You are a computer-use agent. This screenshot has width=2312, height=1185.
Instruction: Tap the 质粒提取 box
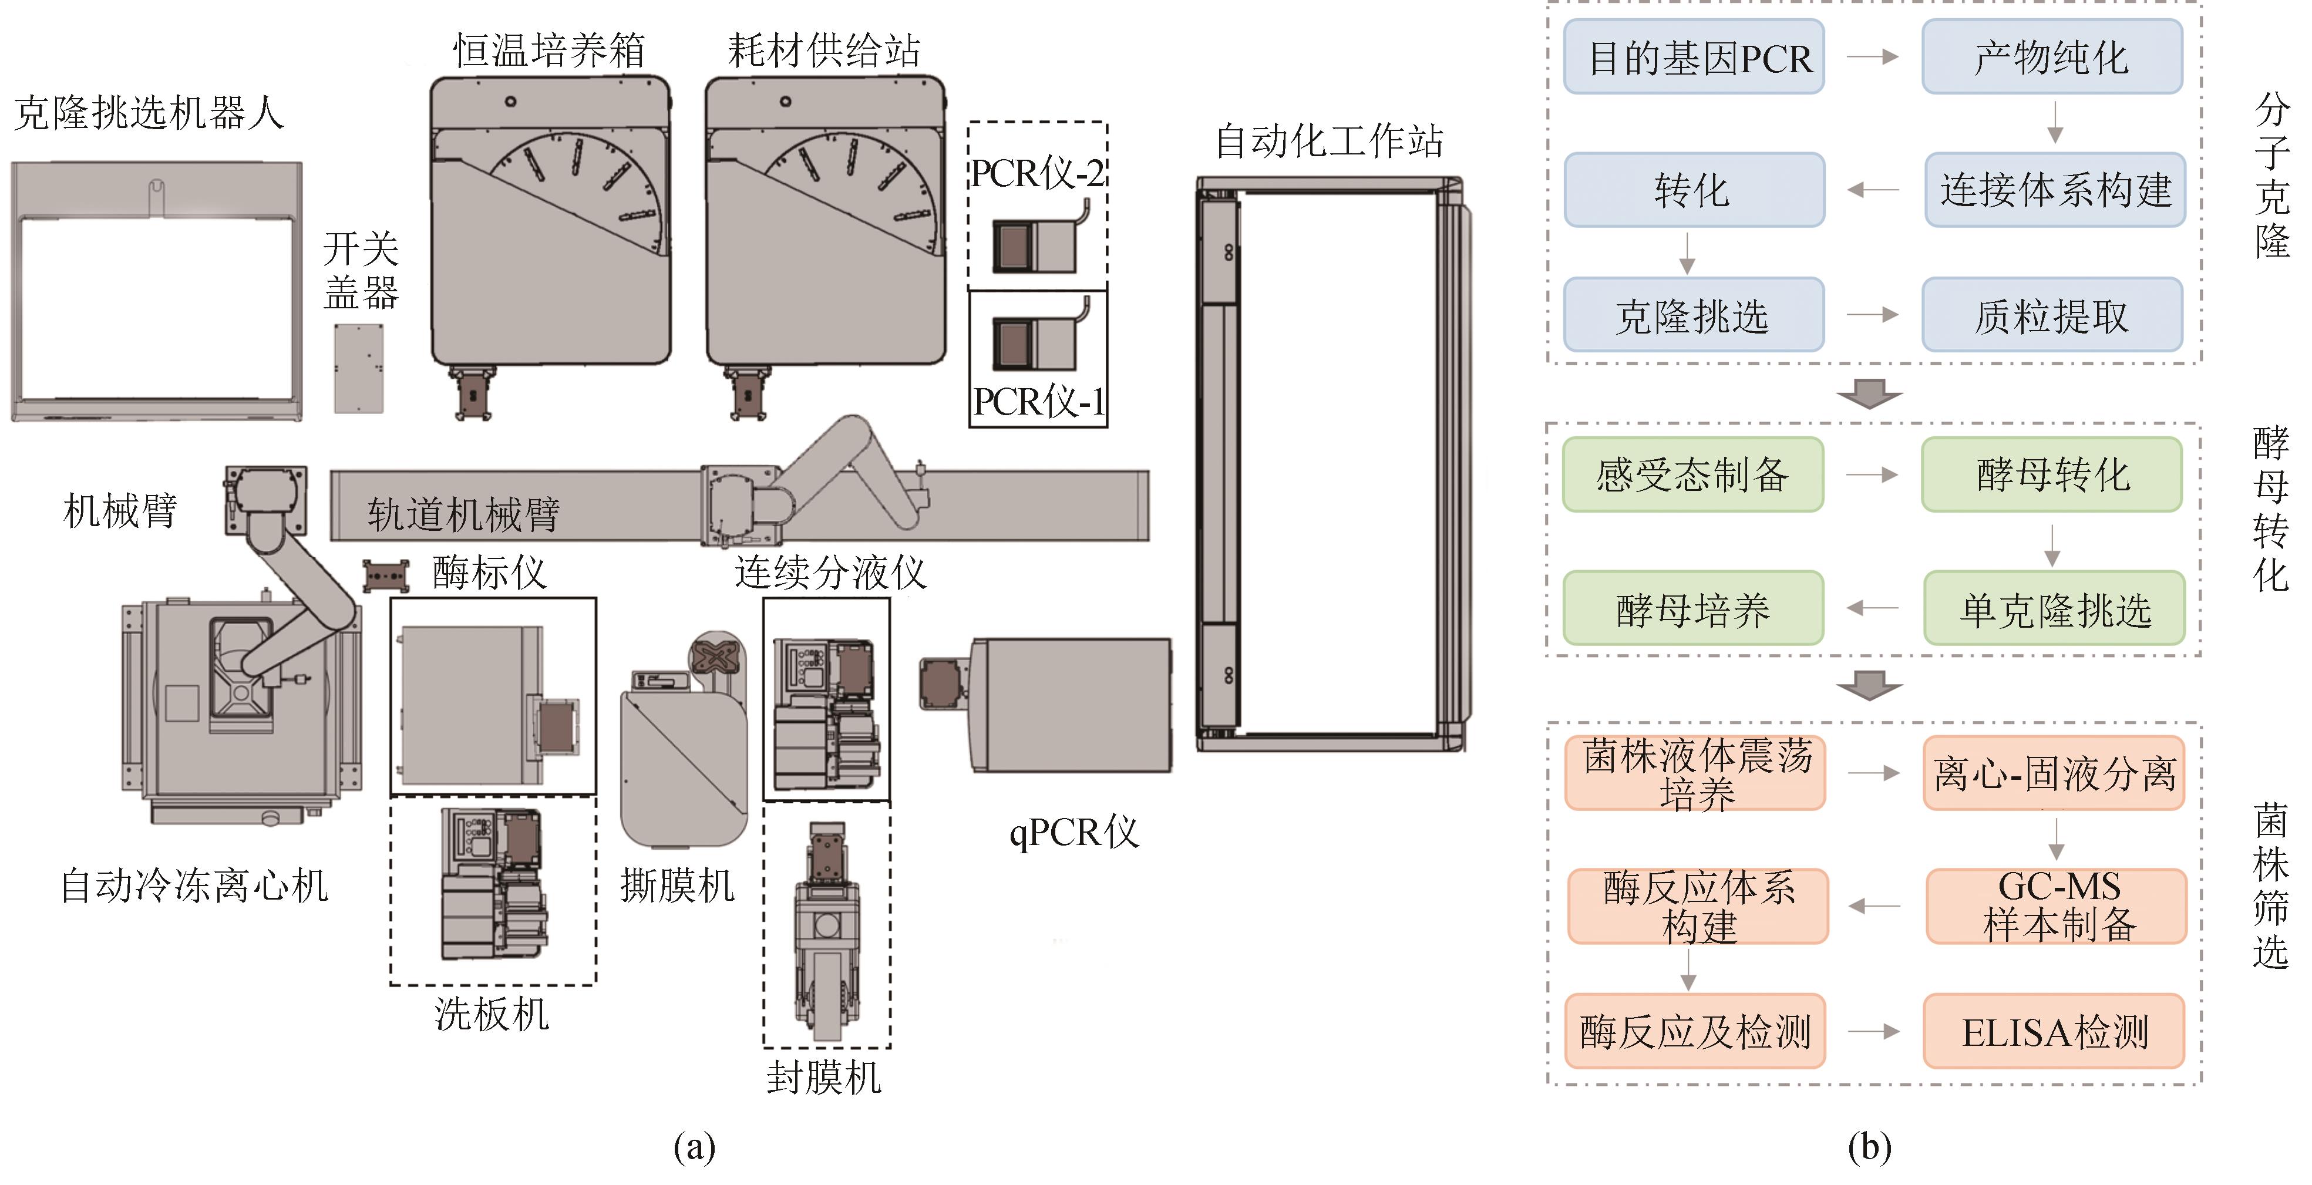tap(2052, 315)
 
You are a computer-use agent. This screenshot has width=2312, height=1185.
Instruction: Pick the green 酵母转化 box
tap(2052, 474)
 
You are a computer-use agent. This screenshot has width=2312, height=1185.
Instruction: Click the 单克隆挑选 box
tap(2054, 609)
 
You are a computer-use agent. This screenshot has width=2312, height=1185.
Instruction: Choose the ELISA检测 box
tap(2054, 1032)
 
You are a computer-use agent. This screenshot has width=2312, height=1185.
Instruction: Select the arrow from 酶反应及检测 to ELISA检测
tap(1873, 1032)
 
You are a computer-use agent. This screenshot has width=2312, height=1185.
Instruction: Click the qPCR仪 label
tap(1073, 832)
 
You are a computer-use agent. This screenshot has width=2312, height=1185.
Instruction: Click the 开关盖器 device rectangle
tap(359, 368)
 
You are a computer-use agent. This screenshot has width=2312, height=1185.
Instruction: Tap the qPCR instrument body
tap(1070, 705)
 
